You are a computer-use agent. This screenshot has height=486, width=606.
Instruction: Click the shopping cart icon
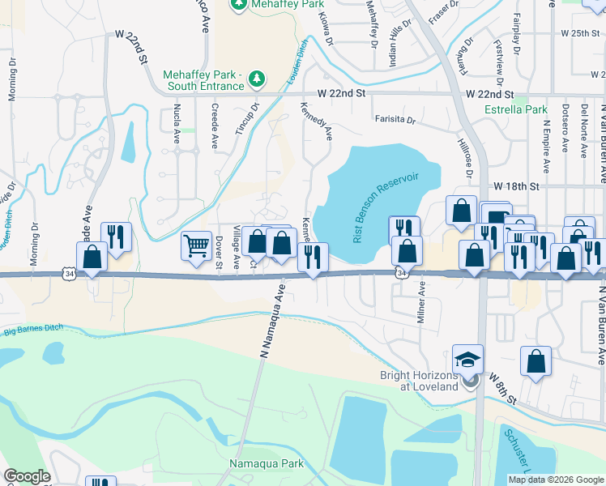tap(195, 245)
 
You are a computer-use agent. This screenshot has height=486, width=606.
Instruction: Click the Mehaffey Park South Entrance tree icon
tap(257, 78)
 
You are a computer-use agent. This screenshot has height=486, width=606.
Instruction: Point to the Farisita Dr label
tap(395, 120)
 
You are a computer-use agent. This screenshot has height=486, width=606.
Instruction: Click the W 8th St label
tap(501, 392)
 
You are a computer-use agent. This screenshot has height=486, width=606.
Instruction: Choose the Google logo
tap(27, 476)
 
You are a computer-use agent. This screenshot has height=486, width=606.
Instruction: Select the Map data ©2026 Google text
tap(555, 479)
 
